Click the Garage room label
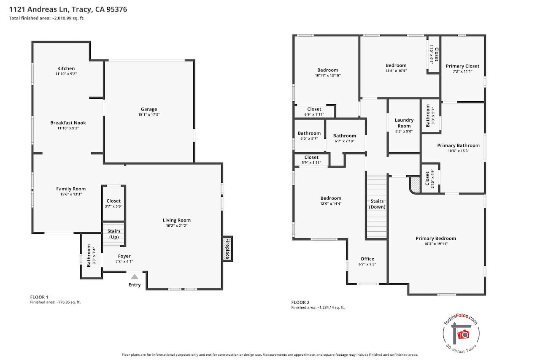[x=149, y=109]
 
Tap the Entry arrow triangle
[x=135, y=276]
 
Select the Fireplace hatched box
[x=227, y=249]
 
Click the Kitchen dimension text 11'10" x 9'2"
[x=66, y=74]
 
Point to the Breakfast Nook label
[x=68, y=123]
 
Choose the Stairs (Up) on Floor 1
[x=114, y=234]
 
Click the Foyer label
[x=124, y=256]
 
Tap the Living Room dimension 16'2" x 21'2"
[x=176, y=225]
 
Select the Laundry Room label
[x=404, y=123]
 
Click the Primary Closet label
[x=462, y=66]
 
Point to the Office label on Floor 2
[x=367, y=259]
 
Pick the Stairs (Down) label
[x=377, y=204]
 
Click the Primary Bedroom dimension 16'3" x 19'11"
[x=436, y=244]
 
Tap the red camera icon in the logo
[x=463, y=335]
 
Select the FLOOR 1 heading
[x=39, y=297]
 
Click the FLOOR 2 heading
[x=300, y=302]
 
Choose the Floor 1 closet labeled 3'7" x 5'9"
[x=113, y=203]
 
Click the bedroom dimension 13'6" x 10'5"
[x=396, y=70]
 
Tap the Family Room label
[x=71, y=189]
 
